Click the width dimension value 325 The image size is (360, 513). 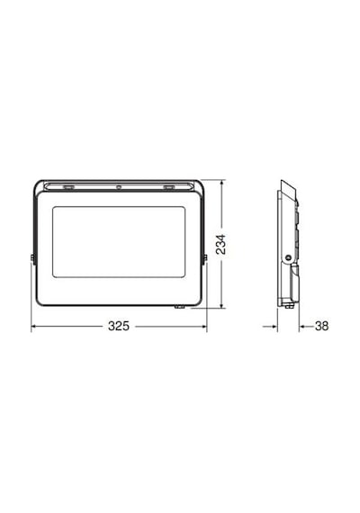click(119, 326)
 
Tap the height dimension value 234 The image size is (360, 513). click(221, 244)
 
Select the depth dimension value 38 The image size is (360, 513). click(321, 326)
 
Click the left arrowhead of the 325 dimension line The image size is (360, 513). click(33, 326)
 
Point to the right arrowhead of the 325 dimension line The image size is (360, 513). click(205, 326)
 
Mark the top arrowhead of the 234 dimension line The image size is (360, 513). click(222, 182)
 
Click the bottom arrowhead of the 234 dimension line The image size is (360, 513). click(222, 306)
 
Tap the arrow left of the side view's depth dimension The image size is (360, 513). click(270, 326)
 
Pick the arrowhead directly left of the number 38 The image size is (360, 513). click(301, 326)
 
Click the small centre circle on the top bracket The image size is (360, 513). click(119, 187)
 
